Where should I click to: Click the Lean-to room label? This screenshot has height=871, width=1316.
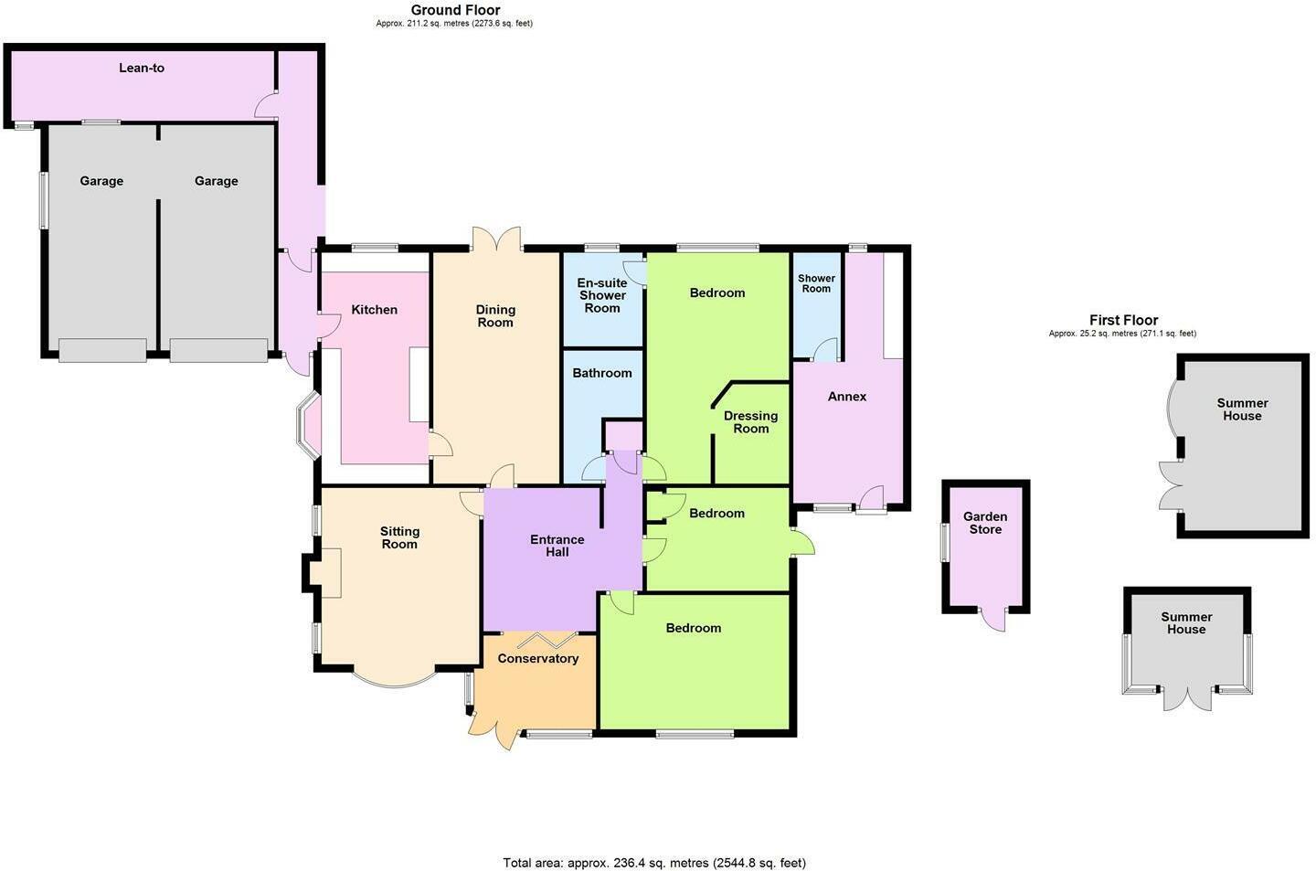(x=142, y=68)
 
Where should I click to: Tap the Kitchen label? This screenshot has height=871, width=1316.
(x=375, y=310)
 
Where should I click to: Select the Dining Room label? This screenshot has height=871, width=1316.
(x=495, y=316)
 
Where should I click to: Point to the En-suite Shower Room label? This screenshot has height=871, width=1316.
(x=602, y=295)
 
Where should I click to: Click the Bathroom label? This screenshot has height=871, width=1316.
(x=602, y=373)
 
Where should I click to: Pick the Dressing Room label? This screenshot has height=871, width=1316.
(x=750, y=422)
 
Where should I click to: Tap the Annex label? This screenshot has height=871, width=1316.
(x=847, y=397)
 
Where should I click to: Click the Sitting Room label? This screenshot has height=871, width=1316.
(x=399, y=537)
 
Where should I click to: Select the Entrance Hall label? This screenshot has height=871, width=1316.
(x=557, y=546)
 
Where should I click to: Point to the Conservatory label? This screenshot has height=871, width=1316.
(x=538, y=659)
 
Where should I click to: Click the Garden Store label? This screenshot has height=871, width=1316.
(x=985, y=523)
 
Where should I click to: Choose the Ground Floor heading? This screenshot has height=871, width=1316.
(x=455, y=10)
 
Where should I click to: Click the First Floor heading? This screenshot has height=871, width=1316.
(x=1123, y=320)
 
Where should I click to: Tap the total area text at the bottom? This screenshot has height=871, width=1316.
(x=654, y=862)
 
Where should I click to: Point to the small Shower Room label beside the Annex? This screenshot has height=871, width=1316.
(x=816, y=283)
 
